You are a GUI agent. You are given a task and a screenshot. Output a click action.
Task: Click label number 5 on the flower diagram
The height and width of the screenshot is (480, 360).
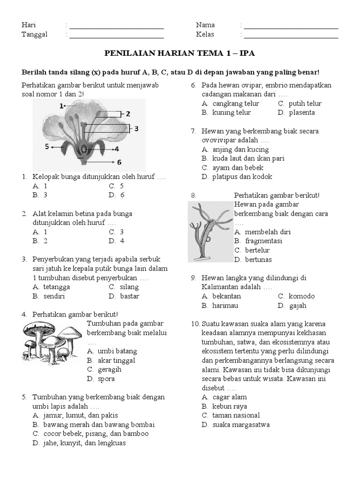click(x=47, y=147)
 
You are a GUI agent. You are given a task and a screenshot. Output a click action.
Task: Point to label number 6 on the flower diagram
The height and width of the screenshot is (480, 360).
click(x=119, y=162)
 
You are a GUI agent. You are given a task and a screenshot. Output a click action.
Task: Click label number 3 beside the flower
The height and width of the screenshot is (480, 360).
click(x=136, y=128)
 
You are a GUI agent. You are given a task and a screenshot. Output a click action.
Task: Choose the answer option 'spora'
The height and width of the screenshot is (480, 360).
click(x=106, y=378)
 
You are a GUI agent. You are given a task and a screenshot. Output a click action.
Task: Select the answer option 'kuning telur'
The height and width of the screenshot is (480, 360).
click(x=232, y=112)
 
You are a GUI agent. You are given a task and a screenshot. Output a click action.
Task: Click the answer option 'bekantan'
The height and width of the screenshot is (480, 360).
click(x=226, y=296)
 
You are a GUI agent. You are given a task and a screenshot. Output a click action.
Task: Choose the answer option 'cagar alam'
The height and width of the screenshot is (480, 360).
click(x=230, y=397)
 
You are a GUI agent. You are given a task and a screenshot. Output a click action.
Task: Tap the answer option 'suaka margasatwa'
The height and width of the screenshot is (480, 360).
click(x=240, y=425)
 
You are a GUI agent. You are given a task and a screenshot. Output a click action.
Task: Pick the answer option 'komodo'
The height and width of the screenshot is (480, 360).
click(x=301, y=296)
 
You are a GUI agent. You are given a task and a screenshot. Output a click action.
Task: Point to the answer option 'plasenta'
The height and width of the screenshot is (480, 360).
click(x=302, y=112)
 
